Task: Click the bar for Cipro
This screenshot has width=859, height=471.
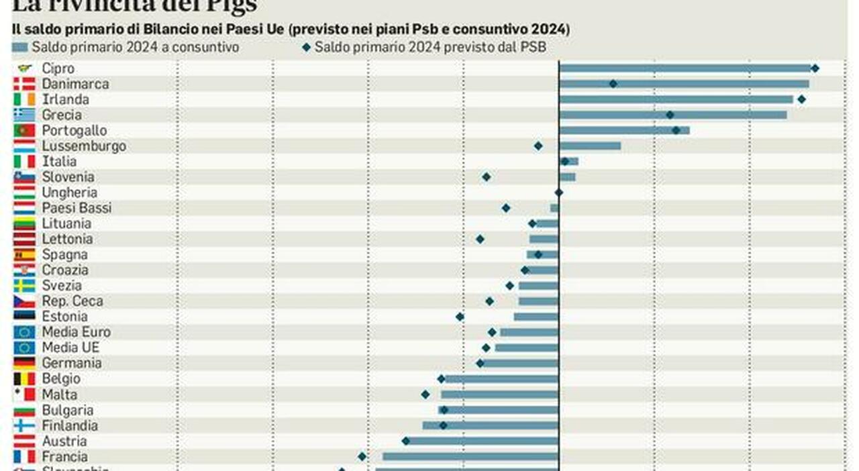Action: coord(685,68)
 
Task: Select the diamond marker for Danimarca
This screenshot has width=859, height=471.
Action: coord(613,84)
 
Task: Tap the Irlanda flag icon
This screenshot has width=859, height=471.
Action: coord(24,99)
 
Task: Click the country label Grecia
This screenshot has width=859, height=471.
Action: coord(62,115)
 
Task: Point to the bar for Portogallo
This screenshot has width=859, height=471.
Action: coord(624,130)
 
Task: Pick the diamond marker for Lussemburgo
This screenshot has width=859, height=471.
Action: coord(538,146)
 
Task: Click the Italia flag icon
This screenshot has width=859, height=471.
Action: coord(24,162)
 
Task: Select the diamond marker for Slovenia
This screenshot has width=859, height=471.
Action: coord(487,177)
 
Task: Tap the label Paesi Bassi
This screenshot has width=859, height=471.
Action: coord(77,208)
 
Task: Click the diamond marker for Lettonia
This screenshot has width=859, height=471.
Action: coord(480,239)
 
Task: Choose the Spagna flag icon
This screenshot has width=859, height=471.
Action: coord(24,255)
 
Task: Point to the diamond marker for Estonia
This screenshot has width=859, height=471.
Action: coord(460,317)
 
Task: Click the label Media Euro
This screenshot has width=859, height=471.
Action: coord(76,332)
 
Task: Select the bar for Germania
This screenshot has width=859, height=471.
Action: coord(520,363)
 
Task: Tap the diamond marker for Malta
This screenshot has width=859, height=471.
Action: coord(425,395)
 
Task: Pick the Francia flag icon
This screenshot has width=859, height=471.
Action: coord(24,457)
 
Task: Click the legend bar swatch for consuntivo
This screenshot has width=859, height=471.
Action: coord(20,48)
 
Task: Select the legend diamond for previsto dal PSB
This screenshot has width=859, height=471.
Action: coord(306,48)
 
